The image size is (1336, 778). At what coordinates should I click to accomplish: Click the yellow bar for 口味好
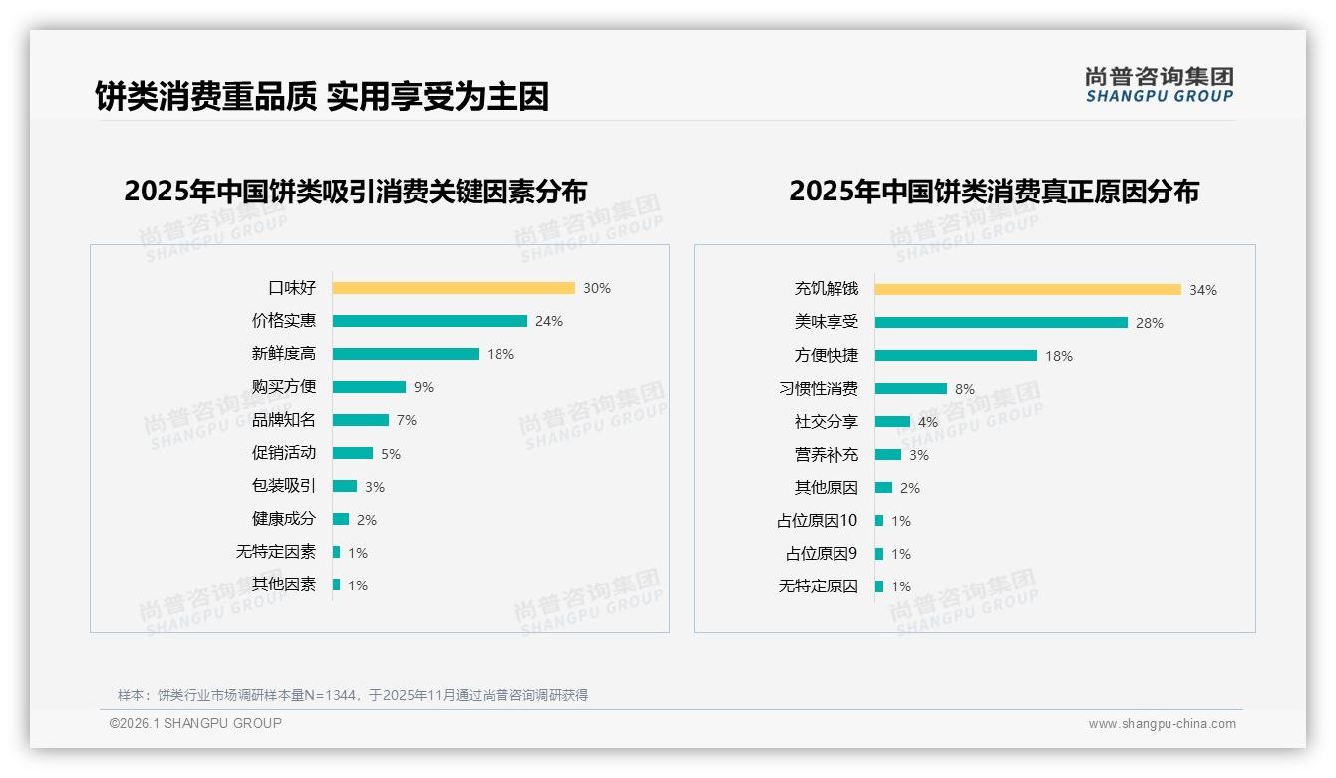[454, 288]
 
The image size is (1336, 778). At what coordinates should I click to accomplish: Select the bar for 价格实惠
[430, 321]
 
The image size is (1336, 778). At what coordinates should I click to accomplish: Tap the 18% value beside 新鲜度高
[501, 354]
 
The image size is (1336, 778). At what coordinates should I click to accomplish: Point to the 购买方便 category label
[284, 387]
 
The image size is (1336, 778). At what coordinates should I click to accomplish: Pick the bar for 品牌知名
[361, 420]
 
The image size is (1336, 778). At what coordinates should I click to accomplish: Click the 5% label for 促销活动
[391, 454]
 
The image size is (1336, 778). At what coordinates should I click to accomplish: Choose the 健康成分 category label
[284, 519]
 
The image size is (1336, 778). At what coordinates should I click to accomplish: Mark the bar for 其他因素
[337, 584]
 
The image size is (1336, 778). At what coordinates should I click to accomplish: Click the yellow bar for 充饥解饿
[1028, 289]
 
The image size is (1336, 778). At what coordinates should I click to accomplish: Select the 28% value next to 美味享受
[1150, 323]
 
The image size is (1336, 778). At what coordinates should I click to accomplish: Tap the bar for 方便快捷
[956, 355]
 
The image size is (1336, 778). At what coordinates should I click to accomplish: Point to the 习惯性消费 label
[819, 388]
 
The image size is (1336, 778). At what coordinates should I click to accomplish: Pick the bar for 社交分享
[892, 422]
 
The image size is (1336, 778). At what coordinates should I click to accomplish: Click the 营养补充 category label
[827, 455]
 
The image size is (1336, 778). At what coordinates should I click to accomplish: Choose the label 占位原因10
[818, 521]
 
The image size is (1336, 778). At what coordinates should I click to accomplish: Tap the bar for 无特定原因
[879, 586]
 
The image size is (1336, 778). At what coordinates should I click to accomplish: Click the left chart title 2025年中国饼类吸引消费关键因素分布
[356, 191]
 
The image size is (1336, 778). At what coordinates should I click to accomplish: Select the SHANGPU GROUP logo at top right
[1159, 85]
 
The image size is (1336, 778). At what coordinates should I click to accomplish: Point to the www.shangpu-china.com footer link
[1162, 724]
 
